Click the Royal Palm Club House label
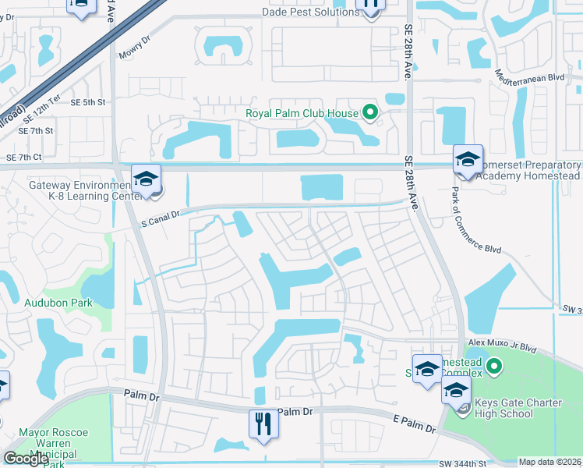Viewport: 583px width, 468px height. (x=302, y=113)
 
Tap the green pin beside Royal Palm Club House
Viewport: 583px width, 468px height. (x=370, y=113)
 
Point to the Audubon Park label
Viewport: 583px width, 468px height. (x=59, y=303)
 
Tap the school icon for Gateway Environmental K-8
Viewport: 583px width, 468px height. (x=146, y=179)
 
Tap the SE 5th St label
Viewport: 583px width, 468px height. (x=87, y=102)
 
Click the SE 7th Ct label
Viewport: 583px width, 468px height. (x=23, y=158)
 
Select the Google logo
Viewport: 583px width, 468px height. (x=25, y=459)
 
